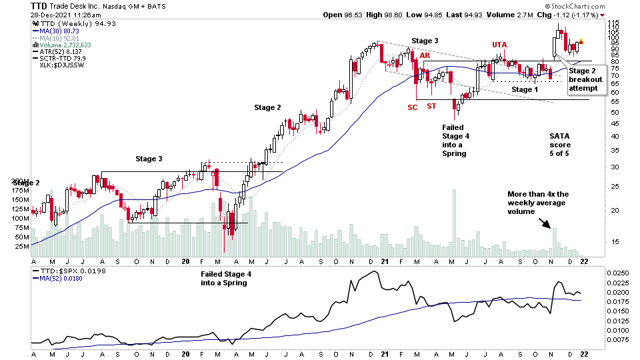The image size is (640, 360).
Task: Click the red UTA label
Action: click(499, 45)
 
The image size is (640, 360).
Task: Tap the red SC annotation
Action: click(413, 107)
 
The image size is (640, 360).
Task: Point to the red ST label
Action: click(431, 107)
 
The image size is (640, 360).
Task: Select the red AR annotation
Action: click(425, 55)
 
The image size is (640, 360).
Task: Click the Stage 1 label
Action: click(525, 89)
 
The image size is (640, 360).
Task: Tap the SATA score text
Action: click(560, 145)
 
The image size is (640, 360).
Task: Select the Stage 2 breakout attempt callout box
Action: click(585, 79)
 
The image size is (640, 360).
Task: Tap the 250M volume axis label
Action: click(20, 181)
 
